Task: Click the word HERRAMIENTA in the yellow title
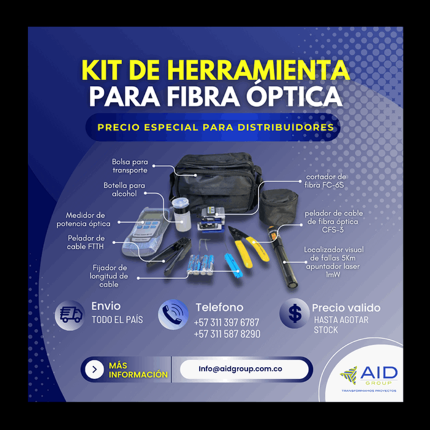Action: tap(259, 70)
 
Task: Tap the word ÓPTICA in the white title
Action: tap(294, 96)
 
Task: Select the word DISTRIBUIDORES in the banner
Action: tap(286, 128)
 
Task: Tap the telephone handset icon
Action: tap(173, 314)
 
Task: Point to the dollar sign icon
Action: tap(295, 313)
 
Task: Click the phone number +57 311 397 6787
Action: tap(226, 323)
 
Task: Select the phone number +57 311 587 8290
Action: tap(227, 334)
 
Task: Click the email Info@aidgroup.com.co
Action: tap(240, 369)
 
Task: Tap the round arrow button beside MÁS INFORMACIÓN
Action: tap(94, 370)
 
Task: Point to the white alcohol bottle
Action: tap(182, 214)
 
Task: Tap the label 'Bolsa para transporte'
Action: tap(130, 166)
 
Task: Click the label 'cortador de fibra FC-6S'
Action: tap(325, 181)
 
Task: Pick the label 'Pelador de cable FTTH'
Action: tap(86, 242)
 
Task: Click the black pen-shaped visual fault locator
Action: tap(282, 257)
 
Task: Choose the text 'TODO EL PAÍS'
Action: tap(117, 320)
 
